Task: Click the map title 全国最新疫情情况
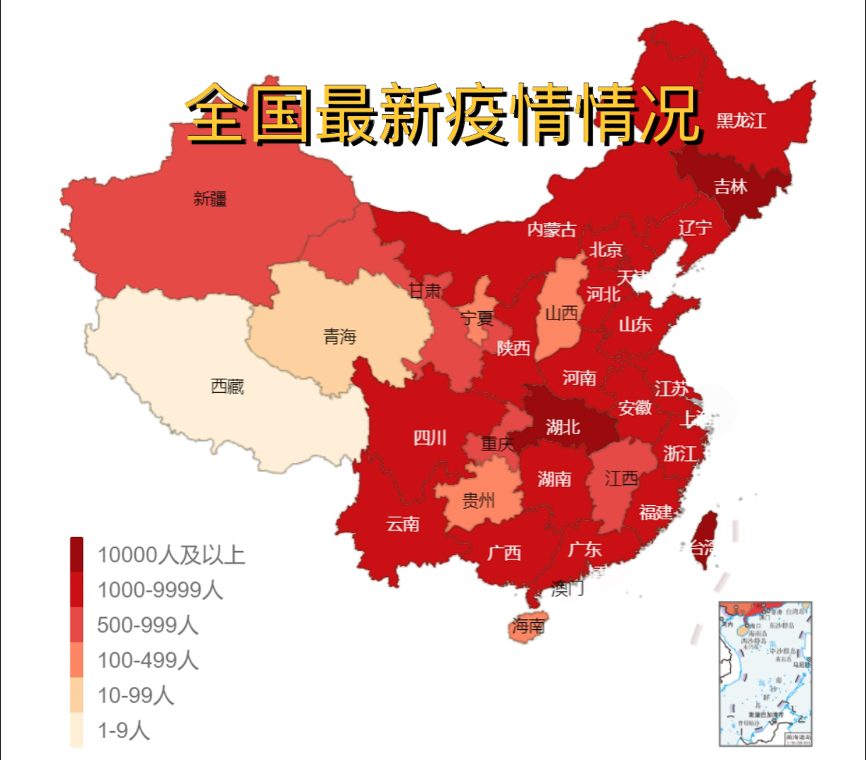point(444,115)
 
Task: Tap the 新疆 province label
point(210,199)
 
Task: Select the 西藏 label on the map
point(227,386)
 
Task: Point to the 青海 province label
point(340,336)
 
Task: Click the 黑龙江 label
point(741,121)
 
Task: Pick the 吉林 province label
point(730,186)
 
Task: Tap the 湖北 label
point(563,426)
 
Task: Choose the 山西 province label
point(561,313)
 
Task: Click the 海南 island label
point(528,626)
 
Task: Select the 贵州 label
point(478,500)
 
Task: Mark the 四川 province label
point(429,438)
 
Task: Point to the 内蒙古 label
point(551,229)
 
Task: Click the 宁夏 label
point(477,319)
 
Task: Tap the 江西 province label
point(621,479)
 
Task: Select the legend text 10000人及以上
point(171,555)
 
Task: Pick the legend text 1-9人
point(123,730)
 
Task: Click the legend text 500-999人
point(147,625)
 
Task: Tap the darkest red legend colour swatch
point(77,554)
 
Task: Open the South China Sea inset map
point(765,673)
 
